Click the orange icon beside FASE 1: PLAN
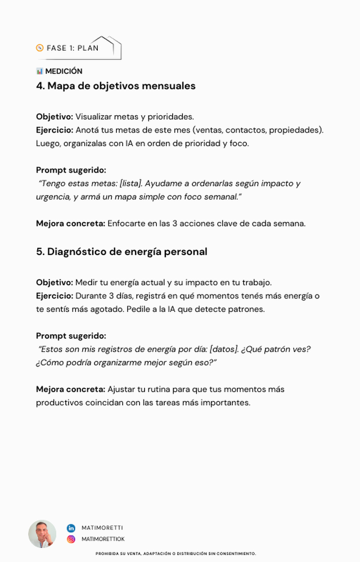(x=39, y=48)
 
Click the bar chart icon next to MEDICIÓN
(x=39, y=71)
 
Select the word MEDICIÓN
(x=64, y=71)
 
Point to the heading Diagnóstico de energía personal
(x=121, y=252)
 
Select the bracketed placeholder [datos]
(x=223, y=350)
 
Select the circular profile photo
(x=42, y=533)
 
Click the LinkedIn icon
(x=71, y=528)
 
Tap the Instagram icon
(x=71, y=539)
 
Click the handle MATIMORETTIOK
(x=103, y=539)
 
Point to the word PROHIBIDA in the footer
(x=106, y=554)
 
